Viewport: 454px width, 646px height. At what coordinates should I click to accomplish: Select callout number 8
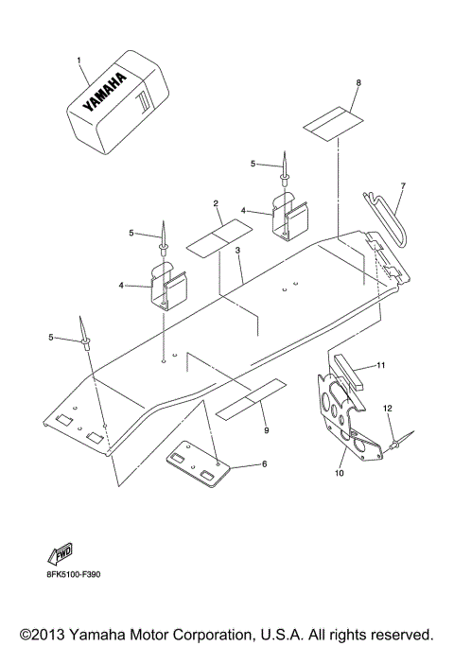pos(358,83)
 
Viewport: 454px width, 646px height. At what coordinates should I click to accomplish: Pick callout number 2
pos(217,203)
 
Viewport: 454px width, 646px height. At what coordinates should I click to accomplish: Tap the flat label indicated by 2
pos(218,237)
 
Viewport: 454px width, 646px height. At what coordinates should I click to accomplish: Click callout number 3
pos(238,251)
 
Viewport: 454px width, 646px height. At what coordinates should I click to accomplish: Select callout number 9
pos(266,430)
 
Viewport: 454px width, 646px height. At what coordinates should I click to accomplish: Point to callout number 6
pos(264,464)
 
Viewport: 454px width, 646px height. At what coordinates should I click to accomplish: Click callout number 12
pos(386,408)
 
